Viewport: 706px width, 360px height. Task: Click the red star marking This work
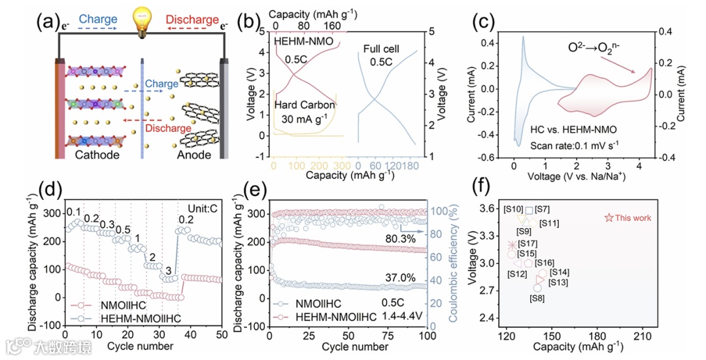click(x=609, y=218)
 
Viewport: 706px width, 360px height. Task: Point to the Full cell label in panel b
click(x=382, y=49)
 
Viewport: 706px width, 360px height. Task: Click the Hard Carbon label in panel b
click(x=305, y=105)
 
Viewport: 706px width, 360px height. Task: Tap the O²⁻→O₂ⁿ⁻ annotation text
click(x=597, y=48)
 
